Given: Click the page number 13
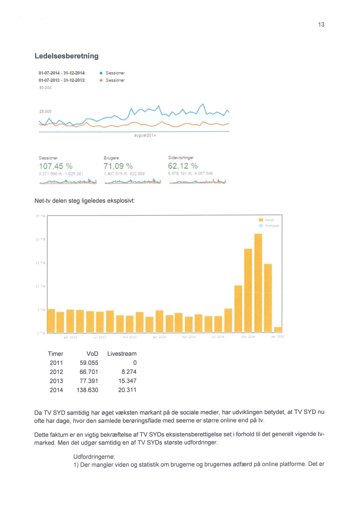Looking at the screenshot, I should tap(321, 25).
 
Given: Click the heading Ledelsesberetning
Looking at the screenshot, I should tap(66, 56).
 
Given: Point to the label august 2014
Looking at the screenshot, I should tap(145, 135).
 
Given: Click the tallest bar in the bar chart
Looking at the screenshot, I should tap(258, 283).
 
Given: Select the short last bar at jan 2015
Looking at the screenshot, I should tap(278, 330).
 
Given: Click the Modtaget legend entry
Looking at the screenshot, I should tap(272, 226).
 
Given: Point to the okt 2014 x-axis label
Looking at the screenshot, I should tap(248, 337).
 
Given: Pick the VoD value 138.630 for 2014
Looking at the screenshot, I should tap(87, 390).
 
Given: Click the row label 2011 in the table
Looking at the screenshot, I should tap(57, 363).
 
